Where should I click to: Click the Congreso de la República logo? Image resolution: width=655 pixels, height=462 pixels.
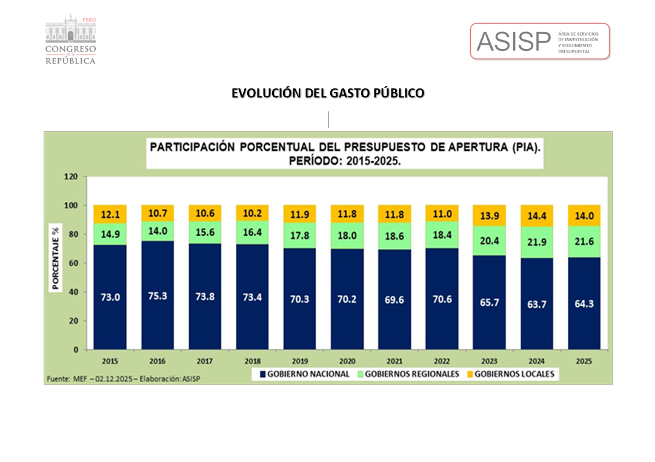[x=70, y=41]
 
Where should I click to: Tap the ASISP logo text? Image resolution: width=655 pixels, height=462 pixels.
[x=513, y=41]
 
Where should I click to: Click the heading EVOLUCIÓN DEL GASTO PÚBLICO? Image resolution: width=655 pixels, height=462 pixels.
[x=328, y=93]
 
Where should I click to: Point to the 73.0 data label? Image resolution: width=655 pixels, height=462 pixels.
[x=110, y=297]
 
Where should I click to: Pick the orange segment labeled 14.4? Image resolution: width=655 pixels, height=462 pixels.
[x=536, y=216]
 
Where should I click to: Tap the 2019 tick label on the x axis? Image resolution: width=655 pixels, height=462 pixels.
[x=299, y=361]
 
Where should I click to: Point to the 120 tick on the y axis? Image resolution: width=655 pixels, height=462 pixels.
[x=72, y=177]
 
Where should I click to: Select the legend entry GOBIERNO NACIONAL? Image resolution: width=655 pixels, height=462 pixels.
[x=305, y=374]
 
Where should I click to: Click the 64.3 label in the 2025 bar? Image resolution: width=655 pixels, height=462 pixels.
[x=584, y=303]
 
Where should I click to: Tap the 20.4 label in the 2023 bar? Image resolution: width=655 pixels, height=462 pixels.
[x=489, y=240]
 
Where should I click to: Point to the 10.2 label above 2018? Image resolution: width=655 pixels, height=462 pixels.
[x=252, y=213]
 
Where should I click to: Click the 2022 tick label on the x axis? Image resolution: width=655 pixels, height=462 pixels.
[x=441, y=361]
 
